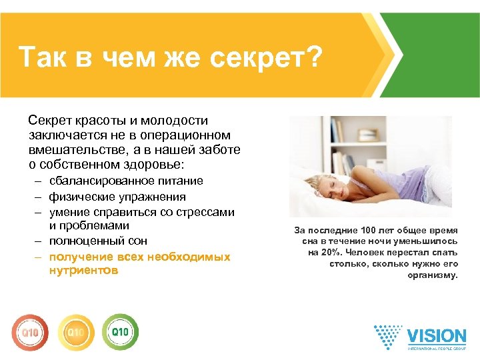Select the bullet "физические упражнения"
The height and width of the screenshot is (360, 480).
(117, 197)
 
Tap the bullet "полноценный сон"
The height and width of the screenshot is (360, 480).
(98, 241)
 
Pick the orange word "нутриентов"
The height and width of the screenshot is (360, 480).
(83, 271)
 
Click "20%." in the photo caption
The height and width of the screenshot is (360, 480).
(321, 253)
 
